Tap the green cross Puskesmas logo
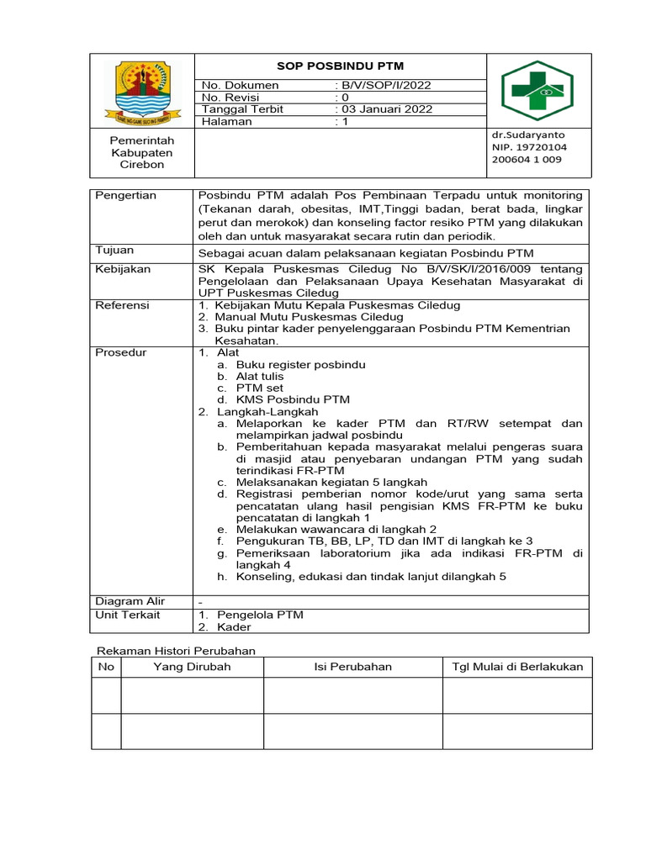click(537, 91)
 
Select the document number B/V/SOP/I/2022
click(384, 85)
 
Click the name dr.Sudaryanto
click(528, 135)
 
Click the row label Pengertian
click(126, 195)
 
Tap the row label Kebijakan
click(123, 269)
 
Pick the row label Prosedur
click(120, 352)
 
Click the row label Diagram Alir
click(130, 601)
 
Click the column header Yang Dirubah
click(192, 667)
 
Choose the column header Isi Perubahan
click(352, 667)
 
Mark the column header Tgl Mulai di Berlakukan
click(517, 667)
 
